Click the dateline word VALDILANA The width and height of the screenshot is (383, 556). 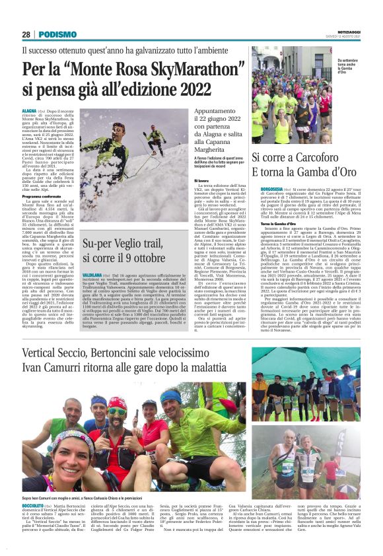93,273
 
